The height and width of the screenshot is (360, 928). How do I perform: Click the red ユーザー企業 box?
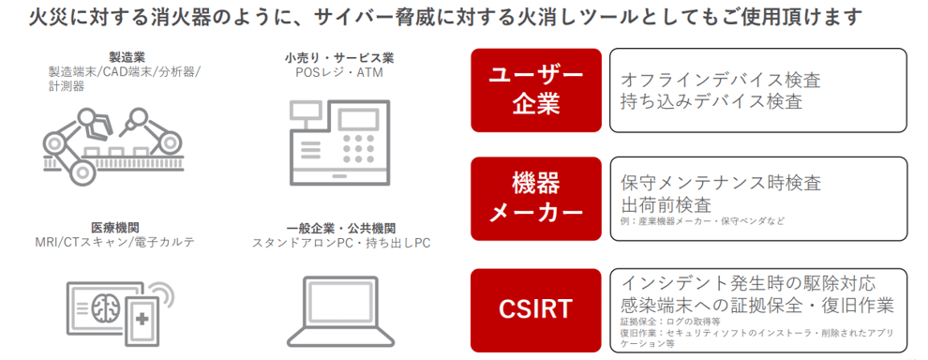[x=536, y=90]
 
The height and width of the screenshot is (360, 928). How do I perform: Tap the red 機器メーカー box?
[x=536, y=199]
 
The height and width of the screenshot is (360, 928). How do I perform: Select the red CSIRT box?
[x=536, y=309]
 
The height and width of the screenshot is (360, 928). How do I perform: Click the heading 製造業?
[x=124, y=57]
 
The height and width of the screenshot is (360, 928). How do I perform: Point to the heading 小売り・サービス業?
[x=339, y=58]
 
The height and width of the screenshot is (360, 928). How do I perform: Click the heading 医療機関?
[x=111, y=228]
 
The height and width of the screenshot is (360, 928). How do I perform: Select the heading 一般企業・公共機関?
[x=341, y=228]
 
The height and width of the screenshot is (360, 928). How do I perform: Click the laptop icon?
[x=340, y=310]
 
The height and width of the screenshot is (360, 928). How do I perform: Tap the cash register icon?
[x=339, y=142]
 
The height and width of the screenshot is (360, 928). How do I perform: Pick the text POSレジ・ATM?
[x=339, y=73]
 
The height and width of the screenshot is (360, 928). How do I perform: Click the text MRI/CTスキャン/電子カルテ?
[x=112, y=243]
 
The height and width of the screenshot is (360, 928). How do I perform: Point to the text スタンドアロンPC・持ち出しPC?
[x=341, y=243]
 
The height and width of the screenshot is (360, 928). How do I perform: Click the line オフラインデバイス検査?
[x=721, y=80]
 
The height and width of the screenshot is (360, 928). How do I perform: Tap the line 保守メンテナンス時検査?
[x=721, y=183]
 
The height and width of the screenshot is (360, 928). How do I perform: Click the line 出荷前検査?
[x=666, y=205]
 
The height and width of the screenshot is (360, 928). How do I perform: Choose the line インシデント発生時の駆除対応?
[x=748, y=283]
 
